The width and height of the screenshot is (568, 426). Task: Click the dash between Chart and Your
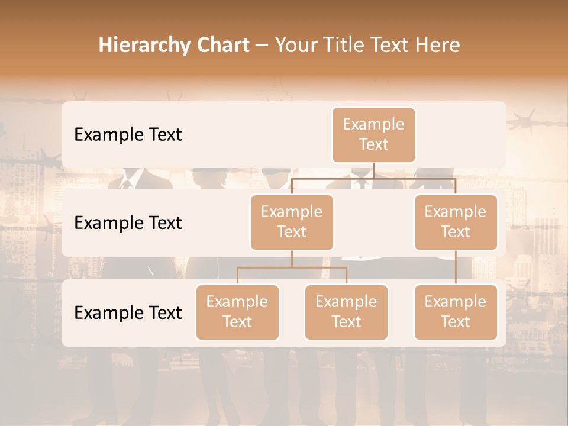262,46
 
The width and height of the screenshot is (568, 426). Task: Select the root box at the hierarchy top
373,134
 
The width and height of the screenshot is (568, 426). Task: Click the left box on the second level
292,222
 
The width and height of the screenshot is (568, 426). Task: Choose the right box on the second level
456,222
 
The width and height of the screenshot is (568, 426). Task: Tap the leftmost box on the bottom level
237,312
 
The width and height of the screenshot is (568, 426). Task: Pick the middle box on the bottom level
346,312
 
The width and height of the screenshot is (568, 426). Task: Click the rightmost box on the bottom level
456,312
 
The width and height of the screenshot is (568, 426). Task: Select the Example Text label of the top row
128,134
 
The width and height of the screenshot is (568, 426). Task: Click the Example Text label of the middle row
128,222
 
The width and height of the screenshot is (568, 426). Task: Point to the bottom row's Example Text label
128,312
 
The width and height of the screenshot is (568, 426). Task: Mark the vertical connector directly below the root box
373,170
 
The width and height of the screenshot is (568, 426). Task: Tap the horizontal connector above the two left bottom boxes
292,267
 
